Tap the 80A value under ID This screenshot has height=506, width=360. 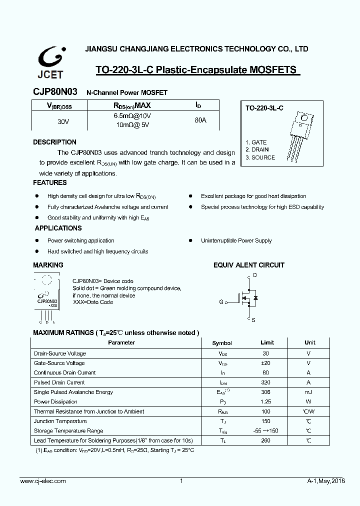point(200,120)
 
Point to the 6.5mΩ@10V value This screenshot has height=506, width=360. point(132,116)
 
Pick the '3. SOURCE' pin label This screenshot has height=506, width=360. point(260,157)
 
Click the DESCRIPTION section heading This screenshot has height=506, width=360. point(54,142)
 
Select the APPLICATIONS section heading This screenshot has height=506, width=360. point(58,228)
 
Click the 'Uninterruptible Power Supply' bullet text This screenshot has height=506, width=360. point(236,240)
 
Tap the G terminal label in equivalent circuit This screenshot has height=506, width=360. point(221,301)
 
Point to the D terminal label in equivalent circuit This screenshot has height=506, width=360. point(255,275)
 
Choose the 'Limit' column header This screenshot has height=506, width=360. point(267,342)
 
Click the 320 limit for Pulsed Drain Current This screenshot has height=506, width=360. point(265,382)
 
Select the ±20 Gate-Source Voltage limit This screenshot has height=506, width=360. point(265,363)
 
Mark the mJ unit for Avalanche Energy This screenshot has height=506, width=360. point(308,392)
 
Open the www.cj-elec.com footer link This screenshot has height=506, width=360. point(43,481)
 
